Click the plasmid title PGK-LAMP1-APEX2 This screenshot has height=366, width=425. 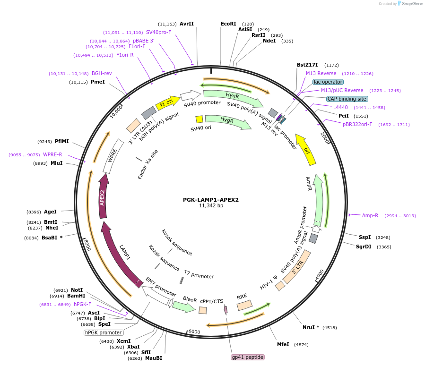(x=210, y=200)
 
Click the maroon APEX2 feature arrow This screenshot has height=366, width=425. (x=103, y=196)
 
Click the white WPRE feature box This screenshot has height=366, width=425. (x=113, y=156)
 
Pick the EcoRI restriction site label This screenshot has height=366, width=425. (x=228, y=24)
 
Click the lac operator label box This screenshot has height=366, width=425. (x=328, y=82)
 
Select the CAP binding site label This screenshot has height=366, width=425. (x=347, y=99)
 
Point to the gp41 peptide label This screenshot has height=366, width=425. (x=247, y=357)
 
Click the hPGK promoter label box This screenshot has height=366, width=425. (x=103, y=332)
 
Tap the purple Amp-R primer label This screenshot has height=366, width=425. (x=370, y=215)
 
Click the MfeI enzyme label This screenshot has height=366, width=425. (x=283, y=344)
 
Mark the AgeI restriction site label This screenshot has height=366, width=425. (x=50, y=212)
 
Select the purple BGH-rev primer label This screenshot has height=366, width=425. (x=102, y=73)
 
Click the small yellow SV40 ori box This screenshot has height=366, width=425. (x=199, y=119)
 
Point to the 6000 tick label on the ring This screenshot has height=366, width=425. (x=194, y=332)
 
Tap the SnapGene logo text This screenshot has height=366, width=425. (x=412, y=3)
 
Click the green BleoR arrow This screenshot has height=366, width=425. (x=184, y=306)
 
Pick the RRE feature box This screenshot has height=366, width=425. (x=244, y=305)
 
